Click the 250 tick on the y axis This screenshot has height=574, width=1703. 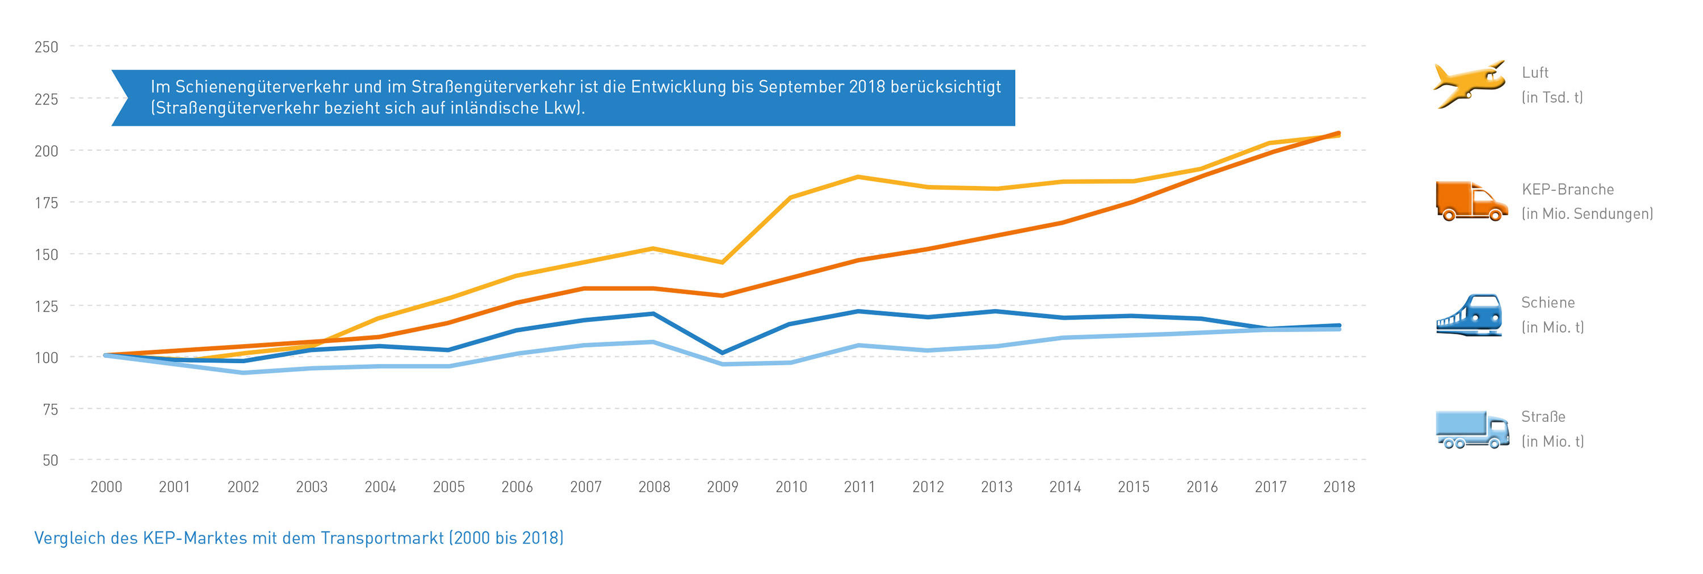pyautogui.click(x=47, y=47)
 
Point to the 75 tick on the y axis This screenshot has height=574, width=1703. pyautogui.click(x=51, y=409)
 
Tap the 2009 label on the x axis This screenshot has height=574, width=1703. pyautogui.click(x=722, y=487)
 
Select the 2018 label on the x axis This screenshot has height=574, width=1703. pyautogui.click(x=1339, y=487)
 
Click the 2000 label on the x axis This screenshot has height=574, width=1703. pyautogui.click(x=107, y=487)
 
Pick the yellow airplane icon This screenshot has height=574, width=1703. pyautogui.click(x=1469, y=84)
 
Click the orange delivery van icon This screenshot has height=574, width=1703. pyautogui.click(x=1471, y=200)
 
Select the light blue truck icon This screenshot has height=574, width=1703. pyautogui.click(x=1471, y=429)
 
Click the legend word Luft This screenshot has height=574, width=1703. pyautogui.click(x=1534, y=73)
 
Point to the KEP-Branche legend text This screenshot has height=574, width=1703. pyautogui.click(x=1567, y=190)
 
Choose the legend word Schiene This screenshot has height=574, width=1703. pyautogui.click(x=1547, y=303)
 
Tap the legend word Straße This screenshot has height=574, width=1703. pyautogui.click(x=1543, y=417)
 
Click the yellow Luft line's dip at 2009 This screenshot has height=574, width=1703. pyautogui.click(x=722, y=262)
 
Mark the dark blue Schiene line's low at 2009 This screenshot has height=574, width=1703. pyautogui.click(x=722, y=353)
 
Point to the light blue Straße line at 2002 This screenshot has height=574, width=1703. pyautogui.click(x=244, y=373)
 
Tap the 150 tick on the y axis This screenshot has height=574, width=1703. pyautogui.click(x=47, y=254)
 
